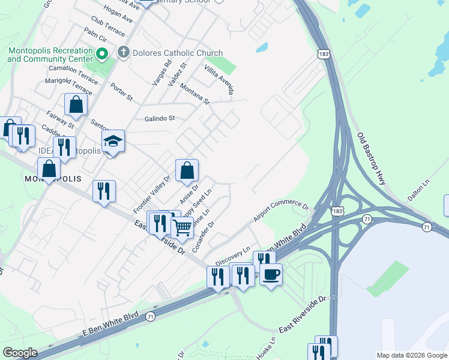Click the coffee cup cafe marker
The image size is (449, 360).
click(x=271, y=275)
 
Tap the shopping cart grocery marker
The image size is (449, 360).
click(x=182, y=227)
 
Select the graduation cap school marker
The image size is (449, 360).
click(x=113, y=142)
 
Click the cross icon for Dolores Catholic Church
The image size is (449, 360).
click(x=124, y=53)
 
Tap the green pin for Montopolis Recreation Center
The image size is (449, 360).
click(x=102, y=55)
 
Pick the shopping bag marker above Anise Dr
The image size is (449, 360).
click(x=187, y=170)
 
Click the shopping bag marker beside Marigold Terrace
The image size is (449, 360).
click(x=76, y=104)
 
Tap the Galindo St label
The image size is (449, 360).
click(x=159, y=118)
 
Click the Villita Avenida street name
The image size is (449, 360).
click(x=218, y=80)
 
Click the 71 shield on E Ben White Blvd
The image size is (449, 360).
click(x=150, y=316)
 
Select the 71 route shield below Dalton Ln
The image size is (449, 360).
click(x=426, y=227)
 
